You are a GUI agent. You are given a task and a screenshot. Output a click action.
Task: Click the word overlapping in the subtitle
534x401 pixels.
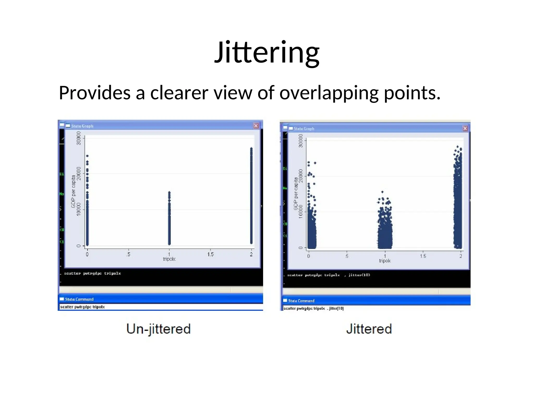pyautogui.click(x=329, y=93)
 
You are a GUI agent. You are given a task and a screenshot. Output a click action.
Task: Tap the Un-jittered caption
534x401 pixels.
pyautogui.click(x=159, y=329)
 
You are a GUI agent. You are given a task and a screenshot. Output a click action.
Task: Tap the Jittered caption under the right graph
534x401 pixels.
pyautogui.click(x=369, y=329)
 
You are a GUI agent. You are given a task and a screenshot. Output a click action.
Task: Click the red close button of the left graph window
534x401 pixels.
pyautogui.click(x=256, y=126)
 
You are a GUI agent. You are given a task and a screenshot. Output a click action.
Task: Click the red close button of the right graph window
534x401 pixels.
pyautogui.click(x=465, y=128)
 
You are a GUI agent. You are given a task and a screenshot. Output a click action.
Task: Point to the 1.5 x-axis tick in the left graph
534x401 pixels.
pyautogui.click(x=210, y=254)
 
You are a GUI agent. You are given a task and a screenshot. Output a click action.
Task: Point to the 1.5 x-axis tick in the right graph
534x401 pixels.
pyautogui.click(x=423, y=256)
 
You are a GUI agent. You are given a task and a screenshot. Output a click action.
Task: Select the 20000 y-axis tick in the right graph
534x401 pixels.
pyautogui.click(x=301, y=176)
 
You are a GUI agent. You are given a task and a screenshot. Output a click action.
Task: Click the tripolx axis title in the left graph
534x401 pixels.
pyautogui.click(x=169, y=259)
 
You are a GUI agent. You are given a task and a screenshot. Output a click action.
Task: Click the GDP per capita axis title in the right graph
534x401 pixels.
pyautogui.click(x=296, y=193)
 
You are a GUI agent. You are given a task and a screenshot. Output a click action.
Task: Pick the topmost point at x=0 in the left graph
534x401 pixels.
pyautogui.click(x=87, y=156)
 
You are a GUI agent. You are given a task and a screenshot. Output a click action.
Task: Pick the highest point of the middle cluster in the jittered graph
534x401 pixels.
pyautogui.click(x=383, y=192)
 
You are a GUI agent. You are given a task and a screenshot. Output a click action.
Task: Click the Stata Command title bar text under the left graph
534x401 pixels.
pyautogui.click(x=79, y=299)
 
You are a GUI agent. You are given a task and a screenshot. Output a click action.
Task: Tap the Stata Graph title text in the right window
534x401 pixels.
pyautogui.click(x=304, y=129)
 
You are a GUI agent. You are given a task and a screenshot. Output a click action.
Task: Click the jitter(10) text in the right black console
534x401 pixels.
pyautogui.click(x=359, y=275)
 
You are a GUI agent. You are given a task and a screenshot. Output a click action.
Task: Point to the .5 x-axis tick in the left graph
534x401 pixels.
pyautogui.click(x=128, y=254)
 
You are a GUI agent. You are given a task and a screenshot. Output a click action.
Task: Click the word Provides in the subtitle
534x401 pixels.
pyautogui.click(x=95, y=93)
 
